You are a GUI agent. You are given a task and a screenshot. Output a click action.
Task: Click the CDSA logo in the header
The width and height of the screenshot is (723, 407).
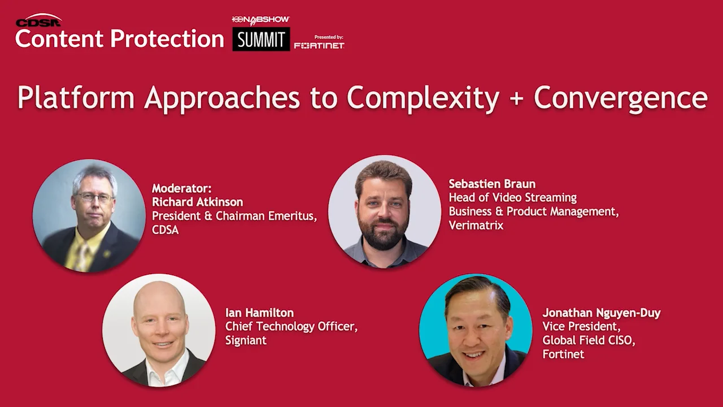click(x=38, y=21)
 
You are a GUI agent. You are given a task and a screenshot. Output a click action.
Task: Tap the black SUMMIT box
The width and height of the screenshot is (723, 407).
click(x=261, y=40)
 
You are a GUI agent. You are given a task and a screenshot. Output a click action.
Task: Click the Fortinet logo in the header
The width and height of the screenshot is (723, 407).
click(x=319, y=46)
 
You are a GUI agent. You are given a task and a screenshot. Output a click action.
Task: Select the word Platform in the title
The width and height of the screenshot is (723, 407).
click(x=76, y=97)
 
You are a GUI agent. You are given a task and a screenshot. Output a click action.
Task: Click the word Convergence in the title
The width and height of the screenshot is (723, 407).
click(x=620, y=98)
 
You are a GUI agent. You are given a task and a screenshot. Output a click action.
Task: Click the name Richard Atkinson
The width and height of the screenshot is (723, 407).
click(x=197, y=202)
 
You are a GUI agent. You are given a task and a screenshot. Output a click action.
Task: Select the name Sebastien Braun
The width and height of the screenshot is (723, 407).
click(x=492, y=184)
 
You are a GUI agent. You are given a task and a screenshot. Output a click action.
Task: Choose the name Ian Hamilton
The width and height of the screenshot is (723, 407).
click(x=259, y=313)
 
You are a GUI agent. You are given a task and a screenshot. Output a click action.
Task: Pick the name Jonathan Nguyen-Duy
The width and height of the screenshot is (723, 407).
click(x=601, y=313)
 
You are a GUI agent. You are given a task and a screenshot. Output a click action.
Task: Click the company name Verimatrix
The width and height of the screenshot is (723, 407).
click(x=476, y=225)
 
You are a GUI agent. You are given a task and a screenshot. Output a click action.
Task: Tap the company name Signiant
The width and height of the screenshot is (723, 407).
click(x=246, y=340)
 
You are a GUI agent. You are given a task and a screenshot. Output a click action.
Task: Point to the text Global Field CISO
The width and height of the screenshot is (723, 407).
click(x=588, y=340)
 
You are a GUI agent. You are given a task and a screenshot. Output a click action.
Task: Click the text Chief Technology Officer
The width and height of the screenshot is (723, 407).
click(x=291, y=326)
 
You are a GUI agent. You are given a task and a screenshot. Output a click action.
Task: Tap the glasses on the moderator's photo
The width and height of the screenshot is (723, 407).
click(x=94, y=197)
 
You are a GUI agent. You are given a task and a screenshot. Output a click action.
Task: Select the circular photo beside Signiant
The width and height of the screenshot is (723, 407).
click(x=159, y=330)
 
